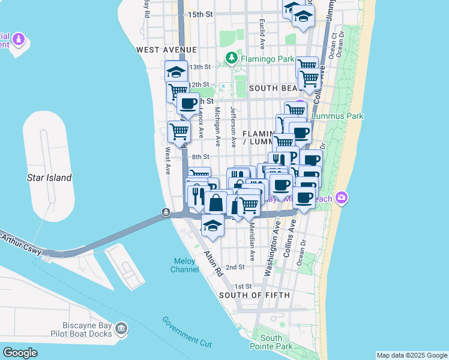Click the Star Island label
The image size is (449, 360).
49,178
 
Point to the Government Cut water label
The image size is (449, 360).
187,331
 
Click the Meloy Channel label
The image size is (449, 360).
185,265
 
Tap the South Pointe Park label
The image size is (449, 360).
271,342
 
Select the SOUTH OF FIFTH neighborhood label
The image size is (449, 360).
254,295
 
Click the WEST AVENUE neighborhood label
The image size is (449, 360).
166,49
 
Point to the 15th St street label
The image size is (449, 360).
200,14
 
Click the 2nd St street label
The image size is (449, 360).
235,267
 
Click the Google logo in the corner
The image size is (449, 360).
20,353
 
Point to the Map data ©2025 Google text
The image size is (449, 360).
411,355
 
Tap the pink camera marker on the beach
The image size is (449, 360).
342,197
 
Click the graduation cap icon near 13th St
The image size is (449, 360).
176,71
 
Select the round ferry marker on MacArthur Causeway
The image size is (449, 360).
165,212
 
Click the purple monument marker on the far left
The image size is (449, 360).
19,40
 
